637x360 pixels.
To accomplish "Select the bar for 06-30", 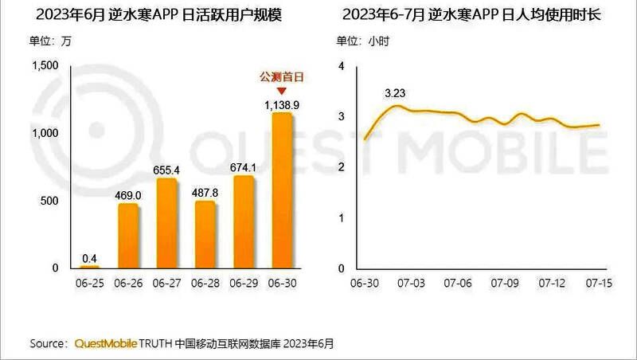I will coord(283,191).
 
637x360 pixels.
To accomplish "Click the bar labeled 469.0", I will coord(128,236).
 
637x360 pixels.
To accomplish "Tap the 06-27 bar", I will coord(166,224).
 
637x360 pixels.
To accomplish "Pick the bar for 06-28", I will coord(205,235).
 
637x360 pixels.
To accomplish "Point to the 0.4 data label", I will coord(90,257).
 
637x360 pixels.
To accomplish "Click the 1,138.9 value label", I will coord(282,105).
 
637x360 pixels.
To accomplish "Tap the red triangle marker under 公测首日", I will coord(283,90).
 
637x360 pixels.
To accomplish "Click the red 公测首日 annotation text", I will coord(283,77).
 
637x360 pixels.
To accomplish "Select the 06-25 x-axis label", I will coord(89,283).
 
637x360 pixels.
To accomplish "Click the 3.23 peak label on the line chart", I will coord(396,94).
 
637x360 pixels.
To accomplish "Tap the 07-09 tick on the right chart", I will coord(505,283).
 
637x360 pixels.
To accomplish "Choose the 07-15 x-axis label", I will coord(598,283).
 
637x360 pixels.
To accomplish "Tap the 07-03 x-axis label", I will coord(412,283).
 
